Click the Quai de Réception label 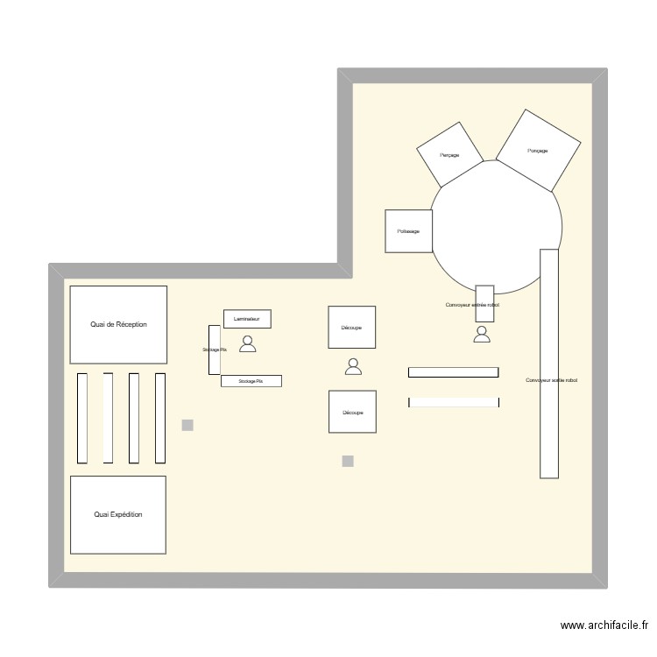click(x=118, y=324)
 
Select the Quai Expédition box click(x=118, y=515)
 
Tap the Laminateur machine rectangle click(x=247, y=319)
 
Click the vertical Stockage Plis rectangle click(x=214, y=350)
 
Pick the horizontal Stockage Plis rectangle click(x=251, y=381)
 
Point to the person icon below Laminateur click(x=248, y=344)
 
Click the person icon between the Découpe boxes click(x=353, y=367)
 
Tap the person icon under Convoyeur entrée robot click(x=482, y=334)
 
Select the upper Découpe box click(x=351, y=328)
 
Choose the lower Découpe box click(x=352, y=412)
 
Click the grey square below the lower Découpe click(x=348, y=461)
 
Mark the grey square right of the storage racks click(x=187, y=426)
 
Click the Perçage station click(x=449, y=154)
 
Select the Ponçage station click(x=538, y=150)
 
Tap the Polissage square click(x=408, y=231)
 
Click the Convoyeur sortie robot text click(x=552, y=380)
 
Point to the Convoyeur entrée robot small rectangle click(x=484, y=304)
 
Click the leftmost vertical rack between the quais click(x=82, y=418)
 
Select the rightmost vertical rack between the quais click(x=160, y=418)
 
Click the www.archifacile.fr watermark click(x=604, y=625)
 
